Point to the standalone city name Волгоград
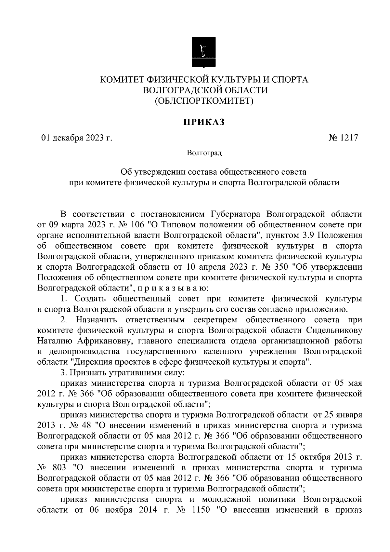pos(204,153)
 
